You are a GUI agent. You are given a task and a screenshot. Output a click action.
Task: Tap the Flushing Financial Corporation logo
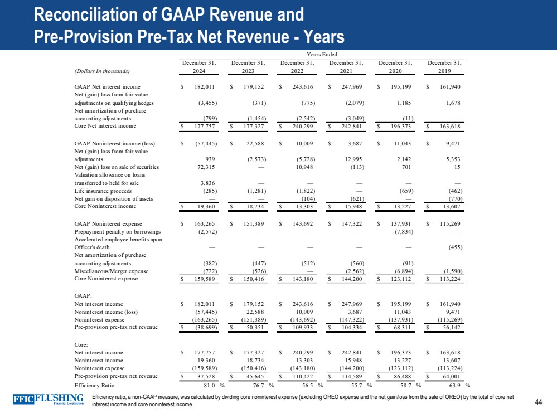49,400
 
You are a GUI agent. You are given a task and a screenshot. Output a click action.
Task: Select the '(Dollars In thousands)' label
102,71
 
